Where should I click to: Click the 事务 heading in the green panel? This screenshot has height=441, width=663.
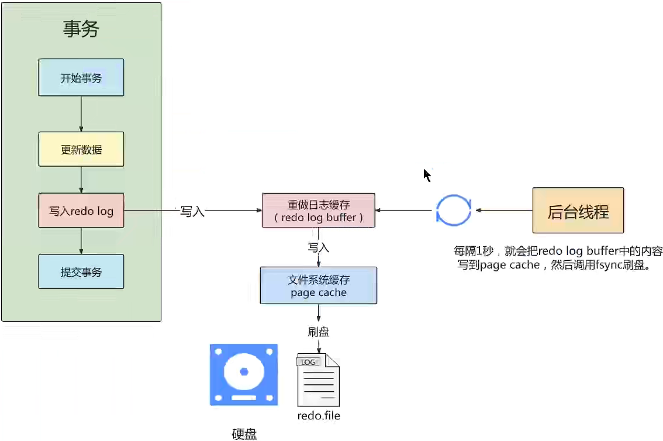point(81,29)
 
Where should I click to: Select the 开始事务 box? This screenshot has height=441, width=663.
point(81,78)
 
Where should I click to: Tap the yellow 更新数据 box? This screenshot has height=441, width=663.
point(81,150)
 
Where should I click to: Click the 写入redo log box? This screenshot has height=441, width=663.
point(81,211)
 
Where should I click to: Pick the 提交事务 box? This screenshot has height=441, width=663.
point(81,271)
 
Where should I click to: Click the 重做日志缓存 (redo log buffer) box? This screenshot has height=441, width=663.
point(319,211)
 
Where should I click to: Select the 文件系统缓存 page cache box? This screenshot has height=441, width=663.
point(319,286)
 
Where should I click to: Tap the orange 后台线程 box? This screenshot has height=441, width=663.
point(578,211)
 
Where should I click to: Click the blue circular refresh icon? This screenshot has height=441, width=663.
point(453,211)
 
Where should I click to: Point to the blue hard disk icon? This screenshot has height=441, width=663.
point(244,375)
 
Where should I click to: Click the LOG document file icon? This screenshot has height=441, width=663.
point(318,380)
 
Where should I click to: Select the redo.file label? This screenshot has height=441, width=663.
point(319,416)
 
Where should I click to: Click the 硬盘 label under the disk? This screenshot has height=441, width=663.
point(244,433)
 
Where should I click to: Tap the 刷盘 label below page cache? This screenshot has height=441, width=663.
point(319,332)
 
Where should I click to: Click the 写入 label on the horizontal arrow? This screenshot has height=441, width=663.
point(192,212)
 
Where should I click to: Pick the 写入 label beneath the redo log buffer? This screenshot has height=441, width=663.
point(319,247)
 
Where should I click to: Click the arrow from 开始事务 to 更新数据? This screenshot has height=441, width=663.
point(81,114)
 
